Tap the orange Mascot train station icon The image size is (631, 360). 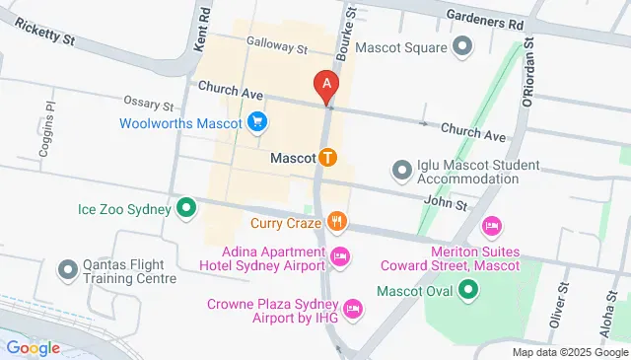tap(327, 157)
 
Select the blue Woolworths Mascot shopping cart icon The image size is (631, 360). tap(257, 122)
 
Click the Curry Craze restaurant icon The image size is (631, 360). tap(337, 221)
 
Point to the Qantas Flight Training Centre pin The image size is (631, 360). tap(68, 269)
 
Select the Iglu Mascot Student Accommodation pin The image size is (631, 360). tap(401, 171)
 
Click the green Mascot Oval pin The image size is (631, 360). tap(469, 291)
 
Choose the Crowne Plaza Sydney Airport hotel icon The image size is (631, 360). tap(356, 312)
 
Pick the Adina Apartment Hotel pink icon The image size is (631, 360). tap(340, 258)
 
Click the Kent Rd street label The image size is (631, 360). tap(202, 30)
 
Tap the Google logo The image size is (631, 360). tap(34, 347)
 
